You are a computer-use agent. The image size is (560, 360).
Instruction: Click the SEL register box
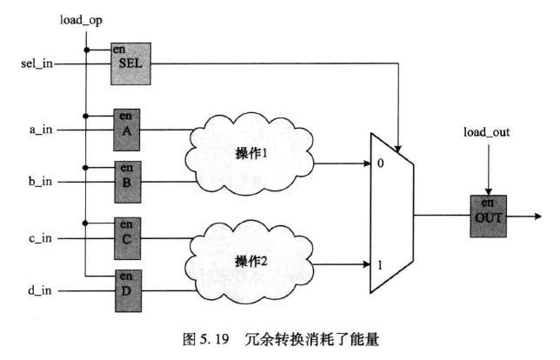[x=130, y=63]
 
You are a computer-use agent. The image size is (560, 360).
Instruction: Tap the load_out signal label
[x=487, y=134]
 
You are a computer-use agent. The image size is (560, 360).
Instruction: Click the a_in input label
[x=41, y=130]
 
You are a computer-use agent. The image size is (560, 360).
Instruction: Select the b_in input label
[x=41, y=181]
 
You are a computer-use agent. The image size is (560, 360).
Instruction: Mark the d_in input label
[x=41, y=288]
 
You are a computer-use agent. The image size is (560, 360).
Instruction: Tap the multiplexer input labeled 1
[x=382, y=262]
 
